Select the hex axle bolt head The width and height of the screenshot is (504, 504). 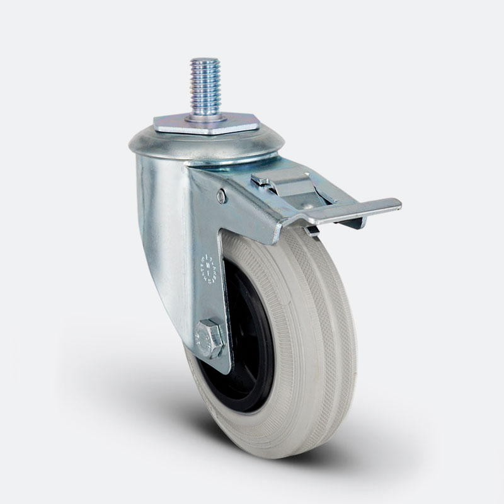point(210,340)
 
